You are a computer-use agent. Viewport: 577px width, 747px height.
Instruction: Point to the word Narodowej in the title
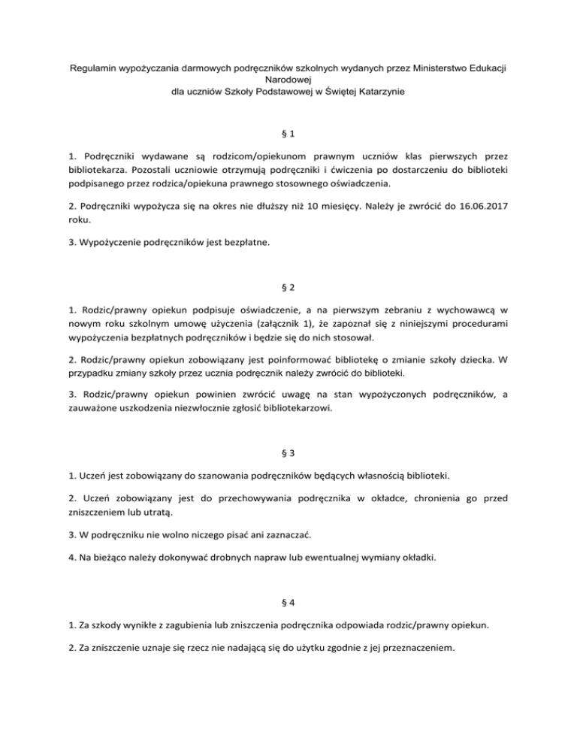pos(288,79)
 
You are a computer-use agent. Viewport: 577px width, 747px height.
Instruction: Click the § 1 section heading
pos(288,135)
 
